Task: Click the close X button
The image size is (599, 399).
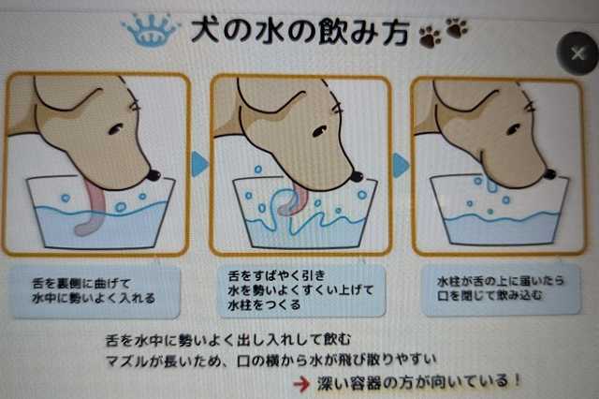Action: click(x=578, y=53)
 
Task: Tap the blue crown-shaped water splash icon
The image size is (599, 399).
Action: click(x=151, y=31)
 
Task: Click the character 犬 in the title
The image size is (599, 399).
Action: click(x=206, y=31)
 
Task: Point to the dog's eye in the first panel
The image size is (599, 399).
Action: click(x=115, y=129)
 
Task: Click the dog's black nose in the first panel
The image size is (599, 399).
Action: click(x=153, y=175)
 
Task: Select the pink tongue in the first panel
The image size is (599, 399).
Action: click(x=92, y=206)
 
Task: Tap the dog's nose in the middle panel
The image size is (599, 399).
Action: click(x=357, y=176)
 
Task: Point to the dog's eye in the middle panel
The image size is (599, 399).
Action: click(x=319, y=131)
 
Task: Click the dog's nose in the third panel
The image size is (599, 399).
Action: click(x=549, y=174)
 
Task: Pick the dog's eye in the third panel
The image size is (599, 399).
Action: click(x=513, y=130)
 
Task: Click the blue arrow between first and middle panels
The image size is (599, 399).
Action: click(x=199, y=164)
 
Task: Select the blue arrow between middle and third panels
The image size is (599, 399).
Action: click(x=401, y=165)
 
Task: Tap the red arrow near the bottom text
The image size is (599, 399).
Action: click(x=301, y=384)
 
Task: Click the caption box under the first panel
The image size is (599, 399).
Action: click(x=95, y=292)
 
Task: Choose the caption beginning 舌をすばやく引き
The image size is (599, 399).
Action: click(x=301, y=290)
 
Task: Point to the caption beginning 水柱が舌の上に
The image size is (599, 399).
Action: click(x=502, y=289)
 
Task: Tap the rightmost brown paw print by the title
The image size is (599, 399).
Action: click(x=457, y=27)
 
